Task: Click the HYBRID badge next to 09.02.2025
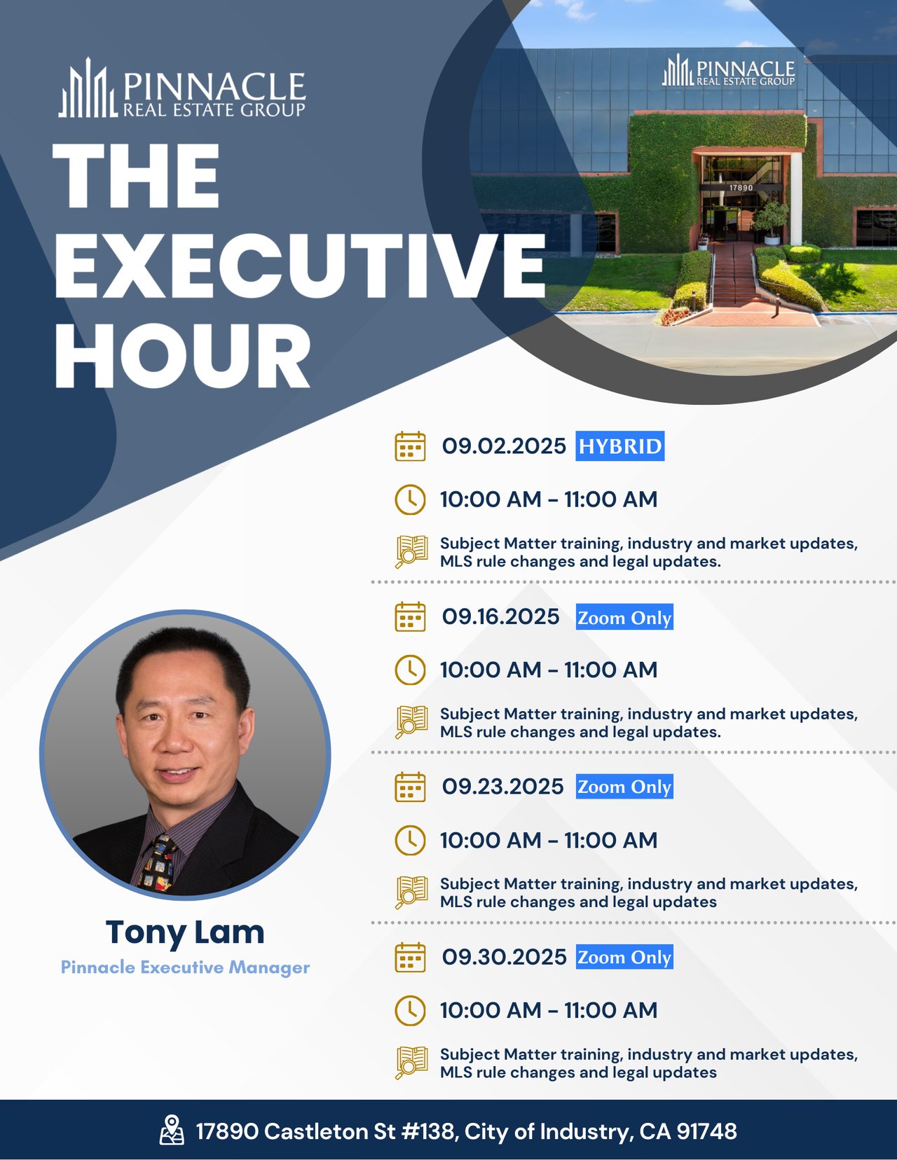[x=620, y=446]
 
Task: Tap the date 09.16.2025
[x=501, y=616]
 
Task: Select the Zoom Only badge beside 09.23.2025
[x=624, y=787]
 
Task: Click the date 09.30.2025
[x=504, y=957]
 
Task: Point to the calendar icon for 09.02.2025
[x=410, y=446]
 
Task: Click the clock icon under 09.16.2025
[x=410, y=670]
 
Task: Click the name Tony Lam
[x=185, y=932]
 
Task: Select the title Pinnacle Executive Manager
[x=185, y=967]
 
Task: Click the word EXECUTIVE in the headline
[x=300, y=265]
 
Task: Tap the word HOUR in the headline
[x=183, y=355]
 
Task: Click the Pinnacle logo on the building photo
[x=729, y=70]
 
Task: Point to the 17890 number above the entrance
[x=741, y=188]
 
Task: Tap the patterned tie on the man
[x=158, y=864]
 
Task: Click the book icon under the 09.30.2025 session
[x=411, y=1063]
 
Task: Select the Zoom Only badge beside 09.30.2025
[x=624, y=957]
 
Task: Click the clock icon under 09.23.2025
[x=410, y=841]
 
